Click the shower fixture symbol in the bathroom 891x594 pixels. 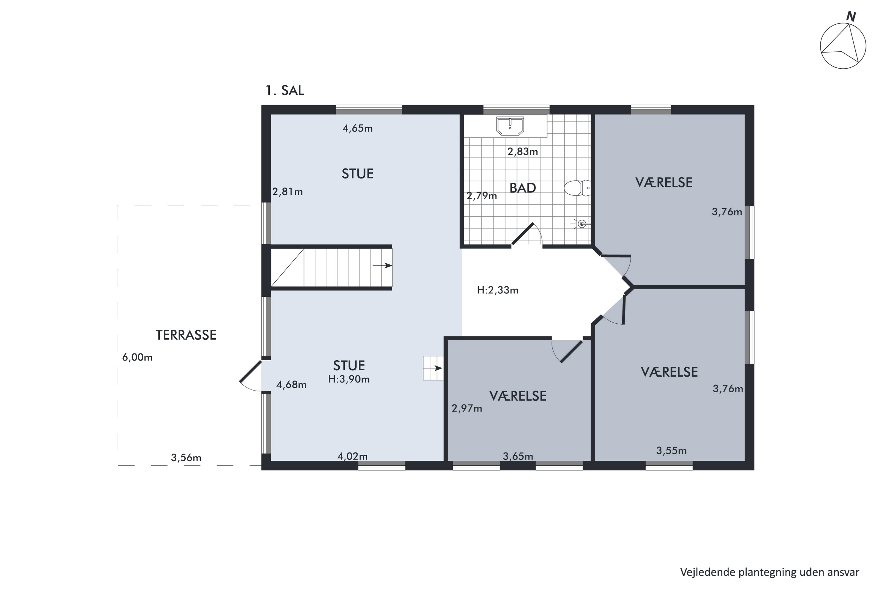(x=581, y=224)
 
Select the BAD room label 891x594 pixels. (x=522, y=188)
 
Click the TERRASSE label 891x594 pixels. (x=186, y=335)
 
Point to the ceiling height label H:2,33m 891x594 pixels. (x=497, y=290)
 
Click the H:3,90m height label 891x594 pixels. (x=349, y=379)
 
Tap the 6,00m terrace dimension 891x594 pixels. (x=137, y=357)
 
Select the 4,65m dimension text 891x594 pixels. (x=358, y=128)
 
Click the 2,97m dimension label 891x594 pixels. (x=467, y=408)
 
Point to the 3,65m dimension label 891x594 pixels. (x=518, y=456)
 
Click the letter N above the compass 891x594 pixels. (x=851, y=17)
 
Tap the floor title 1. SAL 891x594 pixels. (x=285, y=91)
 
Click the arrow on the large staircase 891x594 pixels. (x=382, y=266)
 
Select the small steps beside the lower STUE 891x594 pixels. (x=433, y=368)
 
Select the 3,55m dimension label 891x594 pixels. (x=671, y=451)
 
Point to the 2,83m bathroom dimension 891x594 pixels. (x=523, y=151)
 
